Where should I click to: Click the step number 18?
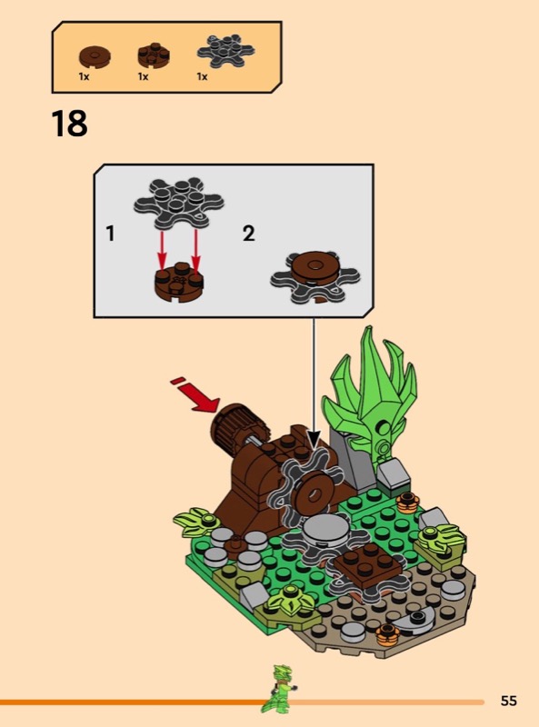[69, 124]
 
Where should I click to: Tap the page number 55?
[508, 700]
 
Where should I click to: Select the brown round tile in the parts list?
[95, 57]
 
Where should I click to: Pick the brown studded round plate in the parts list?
[154, 55]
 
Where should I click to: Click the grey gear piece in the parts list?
[226, 51]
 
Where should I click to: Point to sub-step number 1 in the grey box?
[110, 234]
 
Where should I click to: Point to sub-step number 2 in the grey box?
[249, 234]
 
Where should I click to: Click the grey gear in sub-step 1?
[178, 203]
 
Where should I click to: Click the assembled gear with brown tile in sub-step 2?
[315, 276]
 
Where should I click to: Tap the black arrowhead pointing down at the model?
[314, 440]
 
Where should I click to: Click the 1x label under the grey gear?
[202, 76]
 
